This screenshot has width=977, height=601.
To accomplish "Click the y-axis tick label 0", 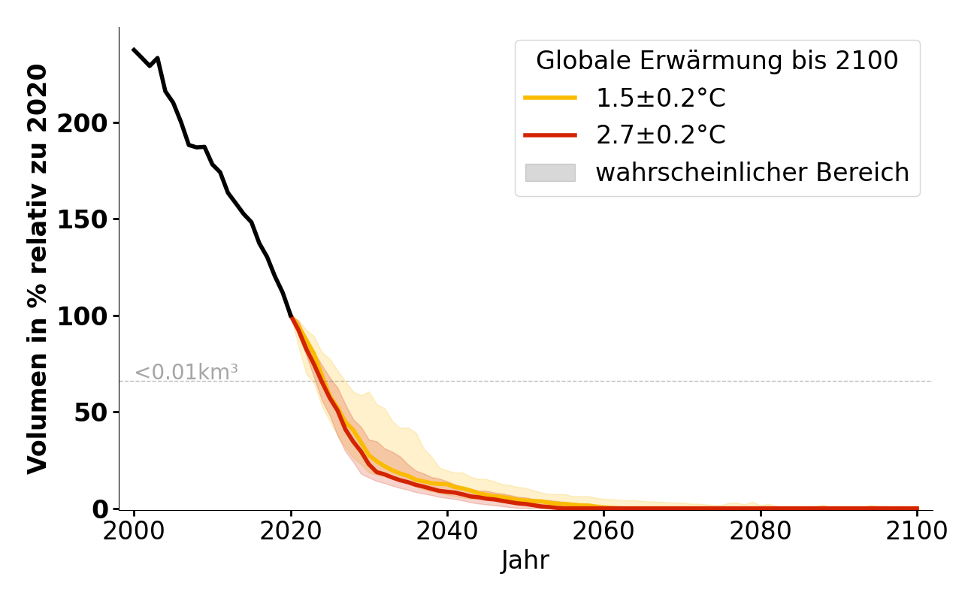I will (x=101, y=509).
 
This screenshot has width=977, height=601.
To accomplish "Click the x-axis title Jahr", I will (x=525, y=560).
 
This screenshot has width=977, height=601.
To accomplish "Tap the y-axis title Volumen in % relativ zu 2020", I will (x=38, y=269).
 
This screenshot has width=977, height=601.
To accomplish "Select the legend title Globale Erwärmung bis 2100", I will (x=717, y=61).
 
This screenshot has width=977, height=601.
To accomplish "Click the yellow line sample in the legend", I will (x=550, y=98).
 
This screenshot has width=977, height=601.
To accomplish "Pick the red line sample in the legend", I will (x=550, y=135).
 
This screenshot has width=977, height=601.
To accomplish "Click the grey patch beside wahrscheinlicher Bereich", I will (x=550, y=173).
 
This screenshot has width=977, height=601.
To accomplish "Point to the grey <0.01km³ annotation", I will (x=186, y=372).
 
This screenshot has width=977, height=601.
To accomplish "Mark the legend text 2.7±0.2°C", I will (x=661, y=135).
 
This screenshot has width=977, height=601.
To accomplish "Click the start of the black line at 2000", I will (x=134, y=50).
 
